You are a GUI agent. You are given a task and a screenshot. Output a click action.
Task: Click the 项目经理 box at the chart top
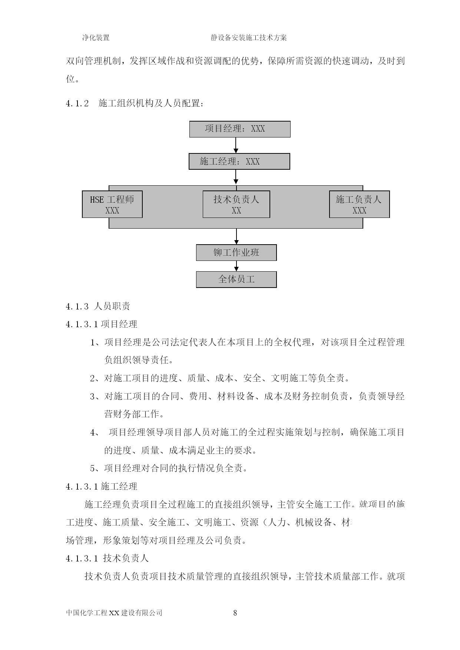[x=240, y=129]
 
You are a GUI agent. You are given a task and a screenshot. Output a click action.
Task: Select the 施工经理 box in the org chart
[x=239, y=162]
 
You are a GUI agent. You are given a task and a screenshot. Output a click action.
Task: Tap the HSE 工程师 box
[x=112, y=204]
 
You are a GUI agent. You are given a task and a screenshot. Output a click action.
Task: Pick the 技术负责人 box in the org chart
[x=236, y=204]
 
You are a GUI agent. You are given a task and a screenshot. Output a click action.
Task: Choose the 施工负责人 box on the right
[x=360, y=204]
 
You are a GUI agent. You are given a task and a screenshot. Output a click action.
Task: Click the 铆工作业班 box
[x=236, y=253]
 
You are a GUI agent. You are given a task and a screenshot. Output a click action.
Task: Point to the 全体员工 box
[x=236, y=279]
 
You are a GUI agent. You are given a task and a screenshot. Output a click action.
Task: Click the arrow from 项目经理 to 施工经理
[x=236, y=145]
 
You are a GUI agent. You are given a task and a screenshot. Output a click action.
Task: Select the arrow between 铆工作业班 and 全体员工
[x=236, y=266]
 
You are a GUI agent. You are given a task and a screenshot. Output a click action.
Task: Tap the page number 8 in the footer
[x=235, y=613]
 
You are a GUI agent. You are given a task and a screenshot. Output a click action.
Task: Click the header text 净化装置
[x=96, y=37]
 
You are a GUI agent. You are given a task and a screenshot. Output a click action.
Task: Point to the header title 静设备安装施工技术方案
[x=249, y=37]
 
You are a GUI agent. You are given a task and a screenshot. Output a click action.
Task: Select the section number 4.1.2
[x=77, y=104]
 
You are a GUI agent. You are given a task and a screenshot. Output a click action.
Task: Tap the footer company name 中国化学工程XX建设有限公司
[x=114, y=613]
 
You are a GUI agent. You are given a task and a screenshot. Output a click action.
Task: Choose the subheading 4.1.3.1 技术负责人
[x=107, y=558]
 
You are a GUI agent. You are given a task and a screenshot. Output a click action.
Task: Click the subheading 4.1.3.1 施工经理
[x=102, y=486]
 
